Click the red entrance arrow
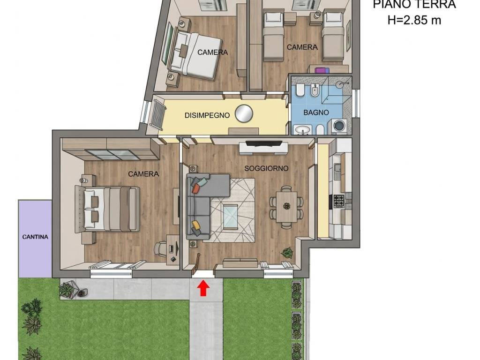[203, 289]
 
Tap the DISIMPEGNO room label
[207, 115]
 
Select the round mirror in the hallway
[244, 113]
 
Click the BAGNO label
[316, 112]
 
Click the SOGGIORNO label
[266, 168]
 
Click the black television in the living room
[264, 143]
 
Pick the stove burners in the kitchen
[338, 201]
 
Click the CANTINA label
[35, 237]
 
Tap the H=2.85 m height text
[414, 20]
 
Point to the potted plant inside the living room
[287, 252]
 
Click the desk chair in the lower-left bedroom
[161, 248]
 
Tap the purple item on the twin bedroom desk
[322, 70]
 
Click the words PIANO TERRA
[414, 4]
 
